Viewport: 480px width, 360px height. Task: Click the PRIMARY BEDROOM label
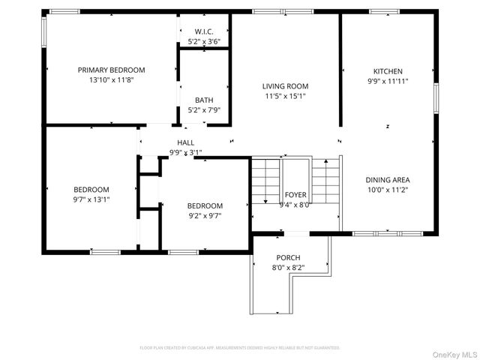[111, 70]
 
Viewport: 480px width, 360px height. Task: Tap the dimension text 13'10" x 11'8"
[111, 79]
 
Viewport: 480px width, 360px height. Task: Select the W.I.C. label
[204, 31]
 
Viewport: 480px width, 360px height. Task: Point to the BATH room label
[203, 100]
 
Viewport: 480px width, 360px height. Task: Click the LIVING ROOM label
[285, 85]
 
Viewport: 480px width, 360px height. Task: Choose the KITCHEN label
[388, 71]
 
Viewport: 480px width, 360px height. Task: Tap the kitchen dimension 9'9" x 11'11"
[388, 81]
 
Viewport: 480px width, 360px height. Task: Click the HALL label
[185, 142]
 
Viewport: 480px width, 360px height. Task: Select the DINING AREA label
[388, 180]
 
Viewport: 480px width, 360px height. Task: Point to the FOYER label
[294, 195]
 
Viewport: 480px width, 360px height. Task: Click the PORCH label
[288, 257]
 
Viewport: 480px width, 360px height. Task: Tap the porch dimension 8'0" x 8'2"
[288, 267]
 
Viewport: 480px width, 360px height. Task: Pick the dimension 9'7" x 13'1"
[91, 199]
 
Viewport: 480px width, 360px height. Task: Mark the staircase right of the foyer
[325, 182]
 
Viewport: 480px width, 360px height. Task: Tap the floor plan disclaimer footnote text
[240, 348]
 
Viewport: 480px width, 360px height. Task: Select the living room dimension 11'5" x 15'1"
[285, 95]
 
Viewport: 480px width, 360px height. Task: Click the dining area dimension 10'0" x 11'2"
[388, 190]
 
